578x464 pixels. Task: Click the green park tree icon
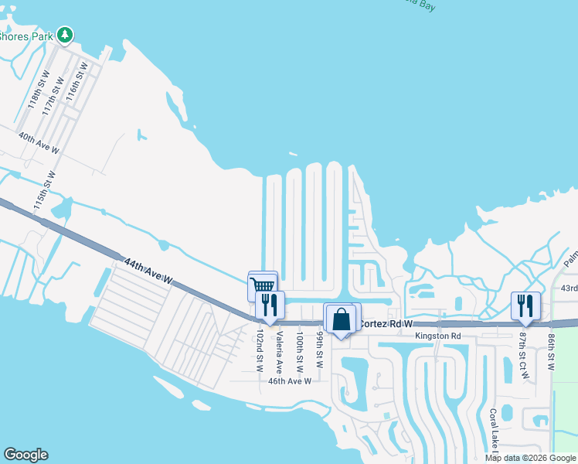[x=66, y=35]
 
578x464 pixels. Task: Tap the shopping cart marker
[x=263, y=285]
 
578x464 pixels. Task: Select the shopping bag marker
[x=341, y=318]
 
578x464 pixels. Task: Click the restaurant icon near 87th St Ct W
[x=525, y=305]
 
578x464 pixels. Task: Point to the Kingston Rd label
[x=437, y=336]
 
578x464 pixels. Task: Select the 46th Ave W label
[x=289, y=380]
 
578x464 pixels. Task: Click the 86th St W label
[x=551, y=350]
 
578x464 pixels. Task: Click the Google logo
[x=25, y=455]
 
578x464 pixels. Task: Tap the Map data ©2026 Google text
[x=529, y=458]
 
